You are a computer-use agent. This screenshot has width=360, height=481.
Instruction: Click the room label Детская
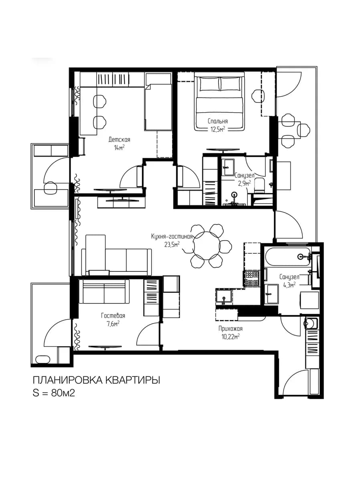(x=119, y=139)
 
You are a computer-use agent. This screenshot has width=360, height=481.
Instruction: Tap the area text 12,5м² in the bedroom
(x=218, y=129)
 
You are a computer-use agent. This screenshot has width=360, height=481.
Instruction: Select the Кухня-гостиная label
(x=172, y=236)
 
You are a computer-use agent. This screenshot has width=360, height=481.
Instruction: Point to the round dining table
(x=206, y=246)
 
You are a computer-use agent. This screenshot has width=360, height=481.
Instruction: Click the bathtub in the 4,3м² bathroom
(x=288, y=256)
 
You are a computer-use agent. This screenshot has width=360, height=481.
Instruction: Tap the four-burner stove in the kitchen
(x=251, y=278)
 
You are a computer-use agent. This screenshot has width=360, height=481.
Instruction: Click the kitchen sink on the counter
(x=223, y=297)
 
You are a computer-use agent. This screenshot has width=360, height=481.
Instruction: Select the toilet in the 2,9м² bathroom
(x=260, y=186)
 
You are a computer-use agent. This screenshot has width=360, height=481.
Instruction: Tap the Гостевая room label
(x=113, y=316)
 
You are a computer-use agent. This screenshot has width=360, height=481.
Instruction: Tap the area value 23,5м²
(x=172, y=245)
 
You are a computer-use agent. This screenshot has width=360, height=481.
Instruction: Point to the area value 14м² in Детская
(x=119, y=148)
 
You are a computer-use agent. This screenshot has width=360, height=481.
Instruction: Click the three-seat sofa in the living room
(x=117, y=262)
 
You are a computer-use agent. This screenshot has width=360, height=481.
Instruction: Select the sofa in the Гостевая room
(x=104, y=291)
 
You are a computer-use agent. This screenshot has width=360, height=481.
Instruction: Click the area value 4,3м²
(x=290, y=285)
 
